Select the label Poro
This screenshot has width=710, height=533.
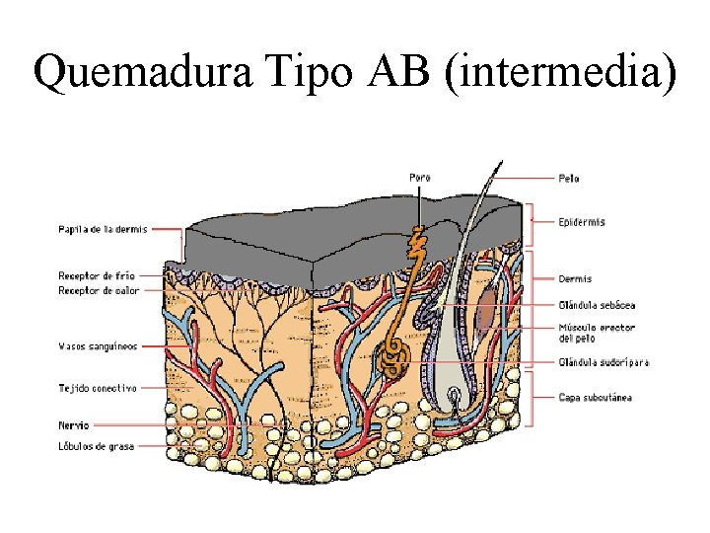[420, 178]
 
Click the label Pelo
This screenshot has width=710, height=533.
[568, 179]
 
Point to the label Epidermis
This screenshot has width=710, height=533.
[581, 222]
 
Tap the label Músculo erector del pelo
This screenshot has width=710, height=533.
[595, 333]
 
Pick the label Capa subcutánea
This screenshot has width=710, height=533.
[595, 398]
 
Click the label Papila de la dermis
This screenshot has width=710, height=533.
[103, 229]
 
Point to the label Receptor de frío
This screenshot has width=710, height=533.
[97, 275]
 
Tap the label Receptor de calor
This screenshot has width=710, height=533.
[99, 290]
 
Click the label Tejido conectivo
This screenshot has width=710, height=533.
[98, 388]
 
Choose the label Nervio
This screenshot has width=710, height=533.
[74, 425]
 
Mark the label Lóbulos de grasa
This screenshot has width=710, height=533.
[96, 446]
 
